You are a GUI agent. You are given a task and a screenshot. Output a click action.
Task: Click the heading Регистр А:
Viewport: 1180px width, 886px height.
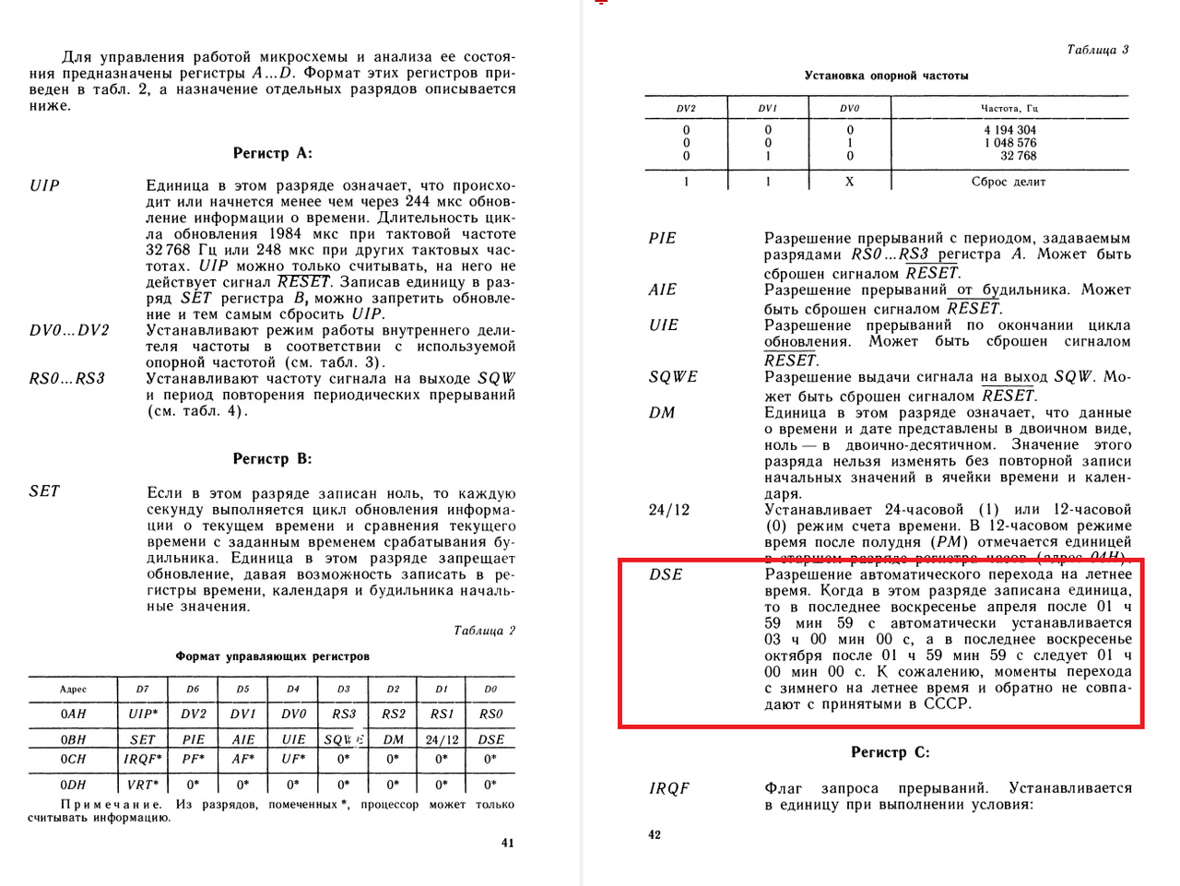[x=272, y=153]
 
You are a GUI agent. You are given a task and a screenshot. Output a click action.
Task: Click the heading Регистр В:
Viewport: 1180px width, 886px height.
[x=272, y=458]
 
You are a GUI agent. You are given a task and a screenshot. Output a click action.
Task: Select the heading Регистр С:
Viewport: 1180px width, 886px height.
[x=890, y=752]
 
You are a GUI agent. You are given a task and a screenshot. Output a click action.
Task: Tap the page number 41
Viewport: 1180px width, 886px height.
[x=507, y=842]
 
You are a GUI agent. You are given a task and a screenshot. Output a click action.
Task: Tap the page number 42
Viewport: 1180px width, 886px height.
[x=655, y=834]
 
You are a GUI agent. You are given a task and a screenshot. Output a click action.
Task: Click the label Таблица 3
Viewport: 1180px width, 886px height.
[x=1097, y=50]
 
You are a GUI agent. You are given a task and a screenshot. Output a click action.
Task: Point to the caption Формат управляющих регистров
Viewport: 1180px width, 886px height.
[x=272, y=656]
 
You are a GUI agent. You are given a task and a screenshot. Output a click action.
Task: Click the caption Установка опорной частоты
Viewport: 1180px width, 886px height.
[x=886, y=76]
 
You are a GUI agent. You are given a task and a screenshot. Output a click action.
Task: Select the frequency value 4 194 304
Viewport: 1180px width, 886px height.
[x=1009, y=130]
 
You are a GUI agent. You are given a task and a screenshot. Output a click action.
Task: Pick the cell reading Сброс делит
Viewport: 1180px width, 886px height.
[x=1009, y=182]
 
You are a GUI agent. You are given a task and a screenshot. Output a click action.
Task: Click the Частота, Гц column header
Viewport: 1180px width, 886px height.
[x=1009, y=108]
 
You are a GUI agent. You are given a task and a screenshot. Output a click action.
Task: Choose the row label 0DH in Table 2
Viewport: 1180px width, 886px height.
[x=73, y=785]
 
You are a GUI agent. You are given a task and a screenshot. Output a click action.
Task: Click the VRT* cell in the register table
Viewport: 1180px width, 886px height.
[x=141, y=785]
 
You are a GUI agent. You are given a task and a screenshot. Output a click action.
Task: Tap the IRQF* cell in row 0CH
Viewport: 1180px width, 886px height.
[x=142, y=759]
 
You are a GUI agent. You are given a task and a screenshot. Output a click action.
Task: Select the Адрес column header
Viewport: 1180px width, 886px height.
[x=73, y=689]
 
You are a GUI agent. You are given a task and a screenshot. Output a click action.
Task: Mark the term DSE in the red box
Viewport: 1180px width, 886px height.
[x=666, y=574]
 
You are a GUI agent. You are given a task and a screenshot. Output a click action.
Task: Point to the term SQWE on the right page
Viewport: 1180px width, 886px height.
[x=673, y=377]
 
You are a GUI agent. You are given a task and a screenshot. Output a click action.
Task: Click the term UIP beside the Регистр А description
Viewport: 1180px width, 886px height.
[x=44, y=185]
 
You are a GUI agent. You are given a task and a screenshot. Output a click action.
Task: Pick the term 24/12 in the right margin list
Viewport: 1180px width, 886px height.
[x=669, y=510]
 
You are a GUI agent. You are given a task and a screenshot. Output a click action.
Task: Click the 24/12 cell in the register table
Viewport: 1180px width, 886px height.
[x=442, y=739]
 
